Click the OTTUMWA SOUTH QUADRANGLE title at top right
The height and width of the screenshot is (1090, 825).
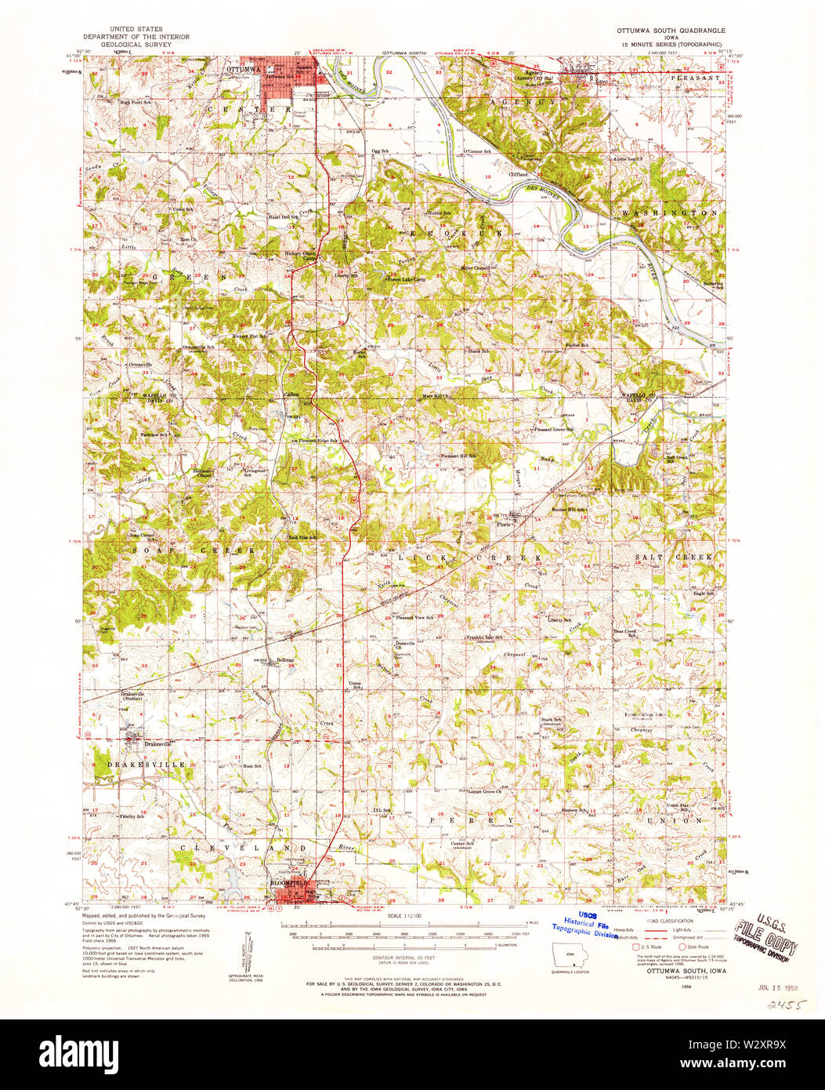[666, 29]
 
